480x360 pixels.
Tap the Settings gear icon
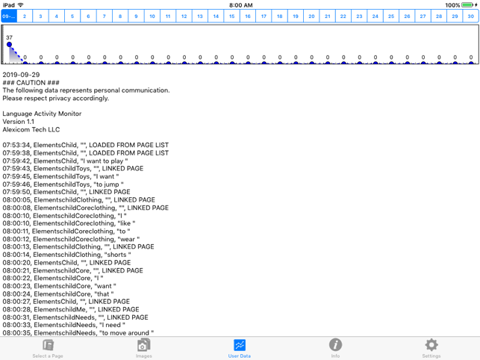431,345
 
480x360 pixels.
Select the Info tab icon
335,344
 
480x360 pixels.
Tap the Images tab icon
143,344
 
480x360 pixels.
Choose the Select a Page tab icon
48,345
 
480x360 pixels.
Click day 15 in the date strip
231,16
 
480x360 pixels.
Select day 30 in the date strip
470,16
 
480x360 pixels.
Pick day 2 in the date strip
25,16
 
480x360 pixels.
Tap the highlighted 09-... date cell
9,16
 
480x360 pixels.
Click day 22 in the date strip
343,16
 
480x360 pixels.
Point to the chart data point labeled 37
9,45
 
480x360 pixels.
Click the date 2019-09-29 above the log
21,75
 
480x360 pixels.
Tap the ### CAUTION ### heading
31,83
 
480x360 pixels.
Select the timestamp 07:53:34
16,145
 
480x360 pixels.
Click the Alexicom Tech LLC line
31,130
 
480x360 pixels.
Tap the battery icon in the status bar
467,5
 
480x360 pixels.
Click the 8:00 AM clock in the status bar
240,5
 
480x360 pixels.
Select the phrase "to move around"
125,333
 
